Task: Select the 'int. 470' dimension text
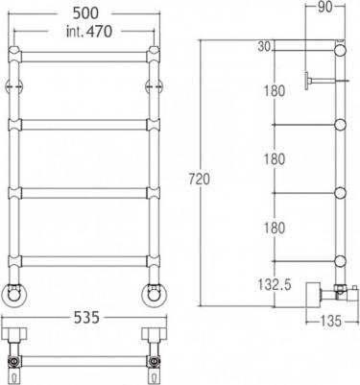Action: (89, 32)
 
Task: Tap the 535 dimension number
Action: (87, 318)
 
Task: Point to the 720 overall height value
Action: (199, 179)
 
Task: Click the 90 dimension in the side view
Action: (325, 8)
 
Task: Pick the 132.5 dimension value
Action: (275, 284)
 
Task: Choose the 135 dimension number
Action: (330, 321)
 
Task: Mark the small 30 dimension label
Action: (264, 47)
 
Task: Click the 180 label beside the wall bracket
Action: (275, 91)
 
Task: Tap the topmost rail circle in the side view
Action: (340, 51)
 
